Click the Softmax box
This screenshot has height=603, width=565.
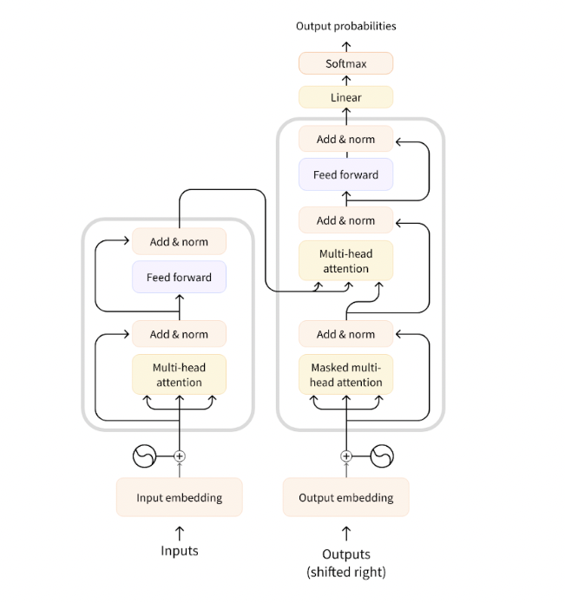coord(345,63)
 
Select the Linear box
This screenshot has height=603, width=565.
coord(345,97)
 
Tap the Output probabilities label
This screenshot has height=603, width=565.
coord(345,26)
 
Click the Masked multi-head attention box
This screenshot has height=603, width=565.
coord(345,375)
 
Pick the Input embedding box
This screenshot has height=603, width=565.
coord(179,497)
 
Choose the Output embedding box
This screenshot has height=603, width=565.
coord(345,497)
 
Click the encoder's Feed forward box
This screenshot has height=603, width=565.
coord(179,278)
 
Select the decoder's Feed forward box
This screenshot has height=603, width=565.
coord(345,174)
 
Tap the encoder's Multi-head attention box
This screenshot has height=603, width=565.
coord(179,375)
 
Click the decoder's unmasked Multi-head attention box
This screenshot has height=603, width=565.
coord(345,261)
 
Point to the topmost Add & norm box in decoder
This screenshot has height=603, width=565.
coord(345,139)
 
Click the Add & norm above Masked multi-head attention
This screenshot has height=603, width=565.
coord(345,334)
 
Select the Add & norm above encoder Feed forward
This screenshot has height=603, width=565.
coord(179,241)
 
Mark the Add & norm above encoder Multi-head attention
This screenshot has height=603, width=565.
coord(179,334)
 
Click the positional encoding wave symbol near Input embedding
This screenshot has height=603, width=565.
coord(143,456)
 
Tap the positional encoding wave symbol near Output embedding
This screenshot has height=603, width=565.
coord(382,456)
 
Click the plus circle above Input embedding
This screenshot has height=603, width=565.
coord(180,456)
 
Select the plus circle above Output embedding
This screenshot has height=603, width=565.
coord(346,456)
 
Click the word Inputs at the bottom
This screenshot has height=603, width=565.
coord(179,551)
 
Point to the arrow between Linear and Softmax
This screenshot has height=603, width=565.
coord(345,80)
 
